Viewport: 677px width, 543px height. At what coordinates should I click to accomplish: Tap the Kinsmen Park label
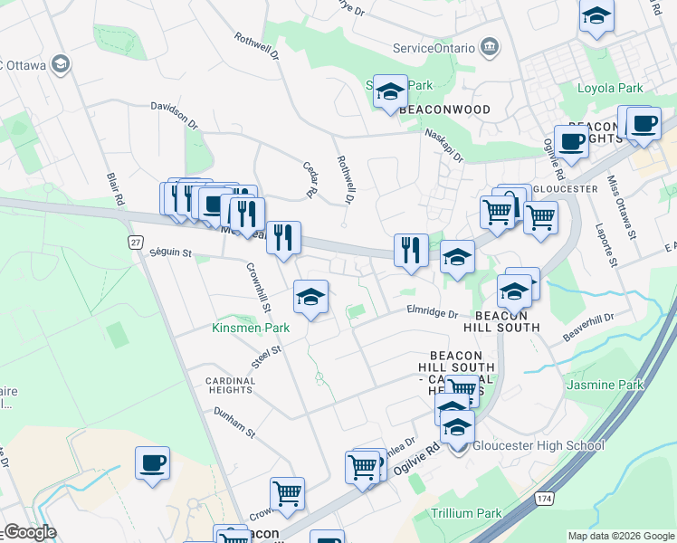pyautogui.click(x=251, y=328)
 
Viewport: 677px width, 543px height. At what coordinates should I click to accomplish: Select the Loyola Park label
pyautogui.click(x=611, y=89)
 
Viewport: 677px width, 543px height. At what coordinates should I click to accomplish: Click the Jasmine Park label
pyautogui.click(x=605, y=385)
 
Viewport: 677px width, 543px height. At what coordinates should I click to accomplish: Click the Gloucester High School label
pyautogui.click(x=538, y=445)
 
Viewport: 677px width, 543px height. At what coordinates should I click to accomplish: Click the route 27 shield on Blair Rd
pyautogui.click(x=135, y=243)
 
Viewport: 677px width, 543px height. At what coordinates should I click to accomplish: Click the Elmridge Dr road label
pyautogui.click(x=433, y=313)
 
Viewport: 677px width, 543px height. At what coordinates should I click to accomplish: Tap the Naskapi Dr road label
pyautogui.click(x=443, y=144)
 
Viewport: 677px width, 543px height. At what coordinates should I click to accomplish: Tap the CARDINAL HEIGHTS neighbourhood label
pyautogui.click(x=229, y=385)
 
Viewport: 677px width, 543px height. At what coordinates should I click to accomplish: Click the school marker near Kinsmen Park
pyautogui.click(x=310, y=298)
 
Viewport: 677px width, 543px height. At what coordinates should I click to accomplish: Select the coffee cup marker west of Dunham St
pyautogui.click(x=153, y=463)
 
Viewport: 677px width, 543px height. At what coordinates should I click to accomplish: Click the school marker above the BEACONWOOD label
pyautogui.click(x=390, y=91)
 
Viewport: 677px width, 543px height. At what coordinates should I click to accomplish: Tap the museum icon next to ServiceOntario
pyautogui.click(x=490, y=46)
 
